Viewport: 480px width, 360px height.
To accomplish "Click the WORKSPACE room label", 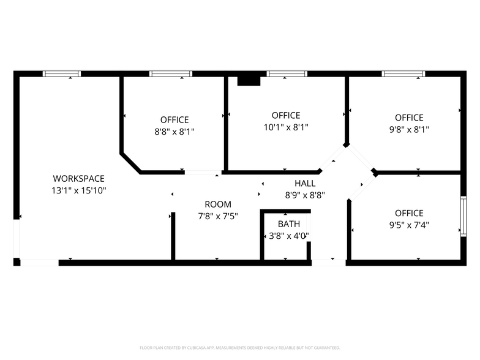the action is coord(78,179).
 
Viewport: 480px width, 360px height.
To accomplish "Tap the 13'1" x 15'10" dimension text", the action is coord(78,191).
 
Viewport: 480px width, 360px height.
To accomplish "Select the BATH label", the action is coord(289,224).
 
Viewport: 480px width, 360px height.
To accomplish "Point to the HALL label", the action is coord(305,184).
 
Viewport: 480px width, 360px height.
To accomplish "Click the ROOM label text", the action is coord(218,204).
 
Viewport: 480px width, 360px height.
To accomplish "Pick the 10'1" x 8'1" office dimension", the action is coord(286,127).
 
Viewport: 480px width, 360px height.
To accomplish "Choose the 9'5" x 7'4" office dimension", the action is coord(409,225).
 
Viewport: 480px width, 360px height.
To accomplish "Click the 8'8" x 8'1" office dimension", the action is coord(174,132).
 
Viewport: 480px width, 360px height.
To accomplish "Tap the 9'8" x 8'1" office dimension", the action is coord(409,130).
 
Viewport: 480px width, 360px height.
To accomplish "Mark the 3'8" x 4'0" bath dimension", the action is coord(289,236).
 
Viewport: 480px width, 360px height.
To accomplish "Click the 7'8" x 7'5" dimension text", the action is coord(218,217).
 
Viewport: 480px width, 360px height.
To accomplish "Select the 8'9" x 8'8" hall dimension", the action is coord(305,195).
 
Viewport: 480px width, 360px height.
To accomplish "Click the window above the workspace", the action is coord(62,73).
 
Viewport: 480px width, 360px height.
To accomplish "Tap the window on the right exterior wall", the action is coord(463,216).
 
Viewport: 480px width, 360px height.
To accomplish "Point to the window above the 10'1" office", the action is coord(287,73).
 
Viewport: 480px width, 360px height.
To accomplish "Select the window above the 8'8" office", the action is coord(171,73).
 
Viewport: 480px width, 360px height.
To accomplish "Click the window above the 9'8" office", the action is coord(403,73).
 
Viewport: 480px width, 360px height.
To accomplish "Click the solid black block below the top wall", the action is coord(249,81).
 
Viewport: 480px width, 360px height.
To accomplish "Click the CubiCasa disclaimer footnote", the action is coord(240,348).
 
